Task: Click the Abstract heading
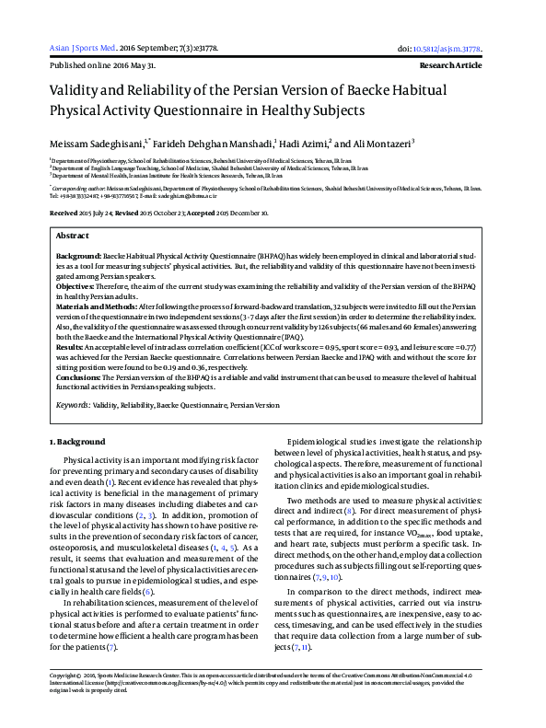pos(73,237)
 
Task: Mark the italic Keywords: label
pos(78,404)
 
